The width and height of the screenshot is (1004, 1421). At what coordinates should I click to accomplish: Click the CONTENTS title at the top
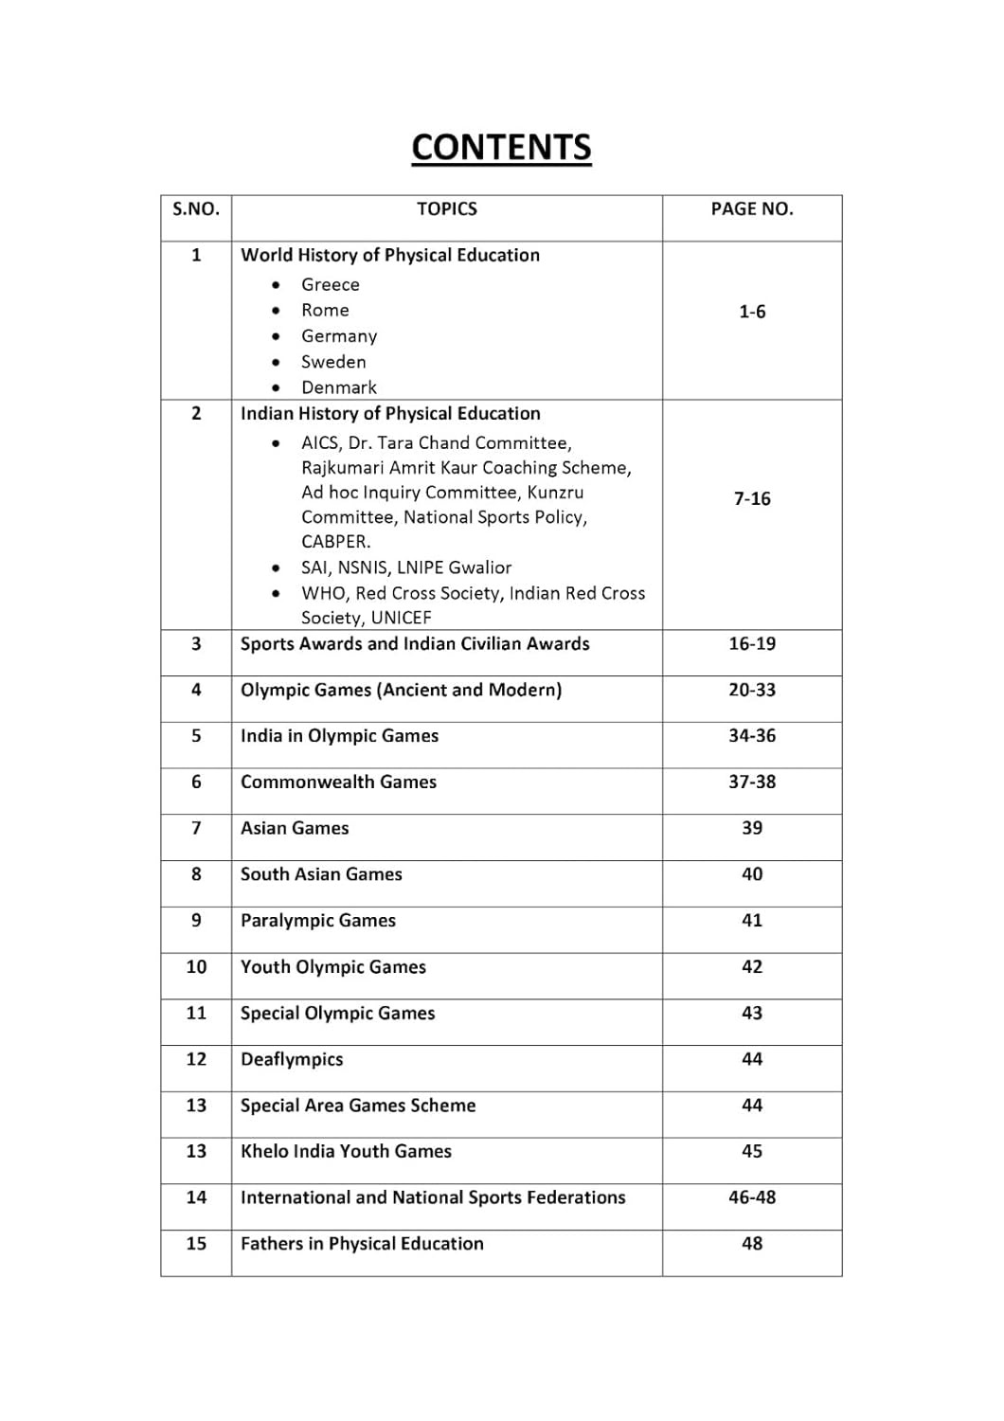pos(501,148)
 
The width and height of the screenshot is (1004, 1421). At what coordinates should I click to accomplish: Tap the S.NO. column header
pos(196,209)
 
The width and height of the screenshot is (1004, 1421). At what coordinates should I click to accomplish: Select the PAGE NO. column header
pos(752,209)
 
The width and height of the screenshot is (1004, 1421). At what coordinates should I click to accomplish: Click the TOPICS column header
pos(447,209)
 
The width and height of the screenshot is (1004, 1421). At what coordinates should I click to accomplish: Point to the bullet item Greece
pos(330,285)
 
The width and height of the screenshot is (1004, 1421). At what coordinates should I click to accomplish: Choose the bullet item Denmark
pos(338,387)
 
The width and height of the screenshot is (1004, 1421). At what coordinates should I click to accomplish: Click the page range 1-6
pos(752,312)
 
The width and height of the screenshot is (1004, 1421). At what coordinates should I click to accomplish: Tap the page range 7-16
pos(752,499)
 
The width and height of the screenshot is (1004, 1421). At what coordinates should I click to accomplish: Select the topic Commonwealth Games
pos(338,782)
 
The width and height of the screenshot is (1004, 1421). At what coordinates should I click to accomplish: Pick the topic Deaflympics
pos(292,1059)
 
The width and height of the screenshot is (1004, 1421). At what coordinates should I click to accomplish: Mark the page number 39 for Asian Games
pos(752,828)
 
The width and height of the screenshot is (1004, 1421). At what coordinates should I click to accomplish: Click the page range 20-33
pos(752,690)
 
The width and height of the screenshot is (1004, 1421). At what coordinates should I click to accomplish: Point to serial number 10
pos(196,967)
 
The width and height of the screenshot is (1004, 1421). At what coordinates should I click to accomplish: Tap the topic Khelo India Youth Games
pos(346,1152)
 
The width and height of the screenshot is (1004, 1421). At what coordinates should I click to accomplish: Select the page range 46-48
pos(752,1197)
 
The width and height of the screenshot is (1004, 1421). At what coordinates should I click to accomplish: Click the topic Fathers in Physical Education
pos(362,1244)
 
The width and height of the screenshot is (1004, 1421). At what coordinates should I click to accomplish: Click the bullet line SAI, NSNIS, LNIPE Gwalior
pos(406,568)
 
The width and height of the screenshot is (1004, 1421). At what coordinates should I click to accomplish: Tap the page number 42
pos(752,967)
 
